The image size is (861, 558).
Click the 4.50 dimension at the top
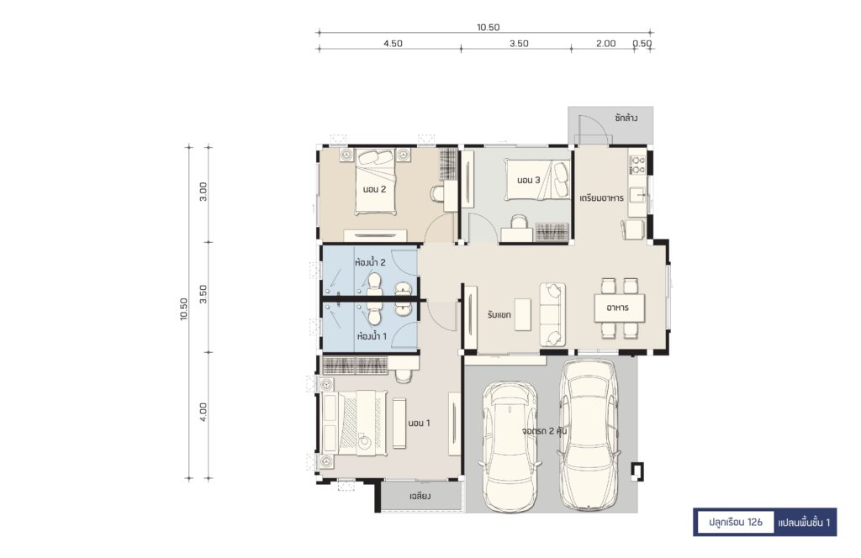(x=393, y=44)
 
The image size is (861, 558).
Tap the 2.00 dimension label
(x=605, y=44)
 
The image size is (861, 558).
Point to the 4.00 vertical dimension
(x=203, y=412)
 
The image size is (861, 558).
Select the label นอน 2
(x=374, y=189)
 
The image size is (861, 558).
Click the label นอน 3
(x=529, y=179)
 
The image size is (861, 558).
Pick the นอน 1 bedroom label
(x=419, y=423)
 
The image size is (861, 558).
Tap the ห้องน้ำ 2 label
(x=370, y=262)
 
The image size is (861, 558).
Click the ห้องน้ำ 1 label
(x=372, y=336)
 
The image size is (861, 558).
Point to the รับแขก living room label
(x=499, y=315)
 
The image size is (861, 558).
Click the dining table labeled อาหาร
(x=619, y=308)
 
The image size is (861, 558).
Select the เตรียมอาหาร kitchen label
(x=602, y=198)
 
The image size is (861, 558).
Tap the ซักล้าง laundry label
(x=626, y=118)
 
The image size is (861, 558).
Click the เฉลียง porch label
(x=420, y=496)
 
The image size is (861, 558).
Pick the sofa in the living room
(x=552, y=314)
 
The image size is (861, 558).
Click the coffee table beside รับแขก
(x=523, y=314)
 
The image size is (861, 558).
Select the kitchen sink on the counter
(x=637, y=195)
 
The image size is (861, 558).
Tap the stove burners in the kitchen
(x=637, y=166)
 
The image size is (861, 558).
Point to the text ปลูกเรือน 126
(x=735, y=522)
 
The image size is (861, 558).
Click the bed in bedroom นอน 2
(x=375, y=181)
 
